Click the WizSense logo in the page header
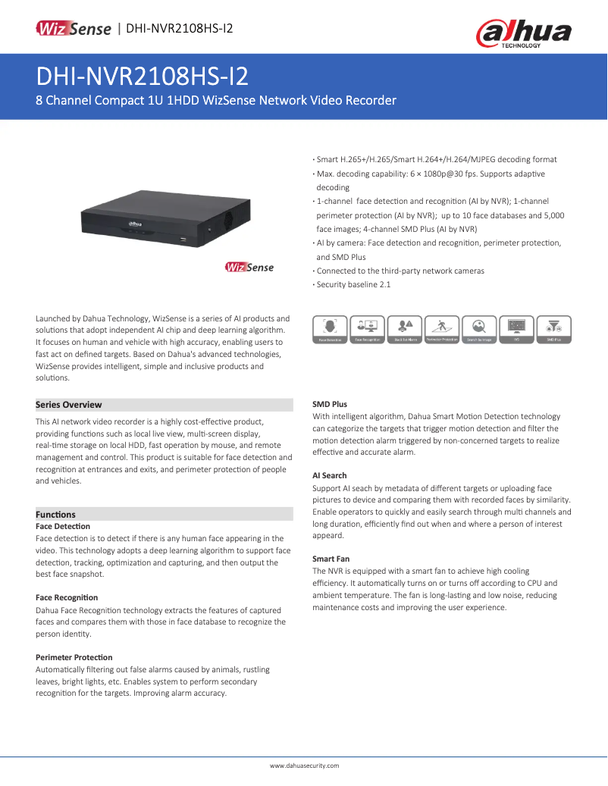[x=74, y=29]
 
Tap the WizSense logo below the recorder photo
[x=249, y=267]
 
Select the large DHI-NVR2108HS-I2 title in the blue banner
[x=143, y=77]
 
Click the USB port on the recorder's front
[x=182, y=239]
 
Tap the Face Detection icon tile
[x=330, y=330]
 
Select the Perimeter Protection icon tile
[x=441, y=330]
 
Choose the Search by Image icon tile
[x=478, y=330]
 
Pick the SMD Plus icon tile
[x=553, y=330]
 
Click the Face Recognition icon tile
[x=367, y=330]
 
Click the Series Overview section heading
[x=69, y=405]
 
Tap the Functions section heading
[x=56, y=514]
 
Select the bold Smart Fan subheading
[x=331, y=559]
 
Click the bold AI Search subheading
[x=330, y=476]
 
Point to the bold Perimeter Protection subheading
[x=74, y=657]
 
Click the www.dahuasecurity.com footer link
[x=304, y=766]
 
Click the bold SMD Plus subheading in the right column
[x=330, y=404]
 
